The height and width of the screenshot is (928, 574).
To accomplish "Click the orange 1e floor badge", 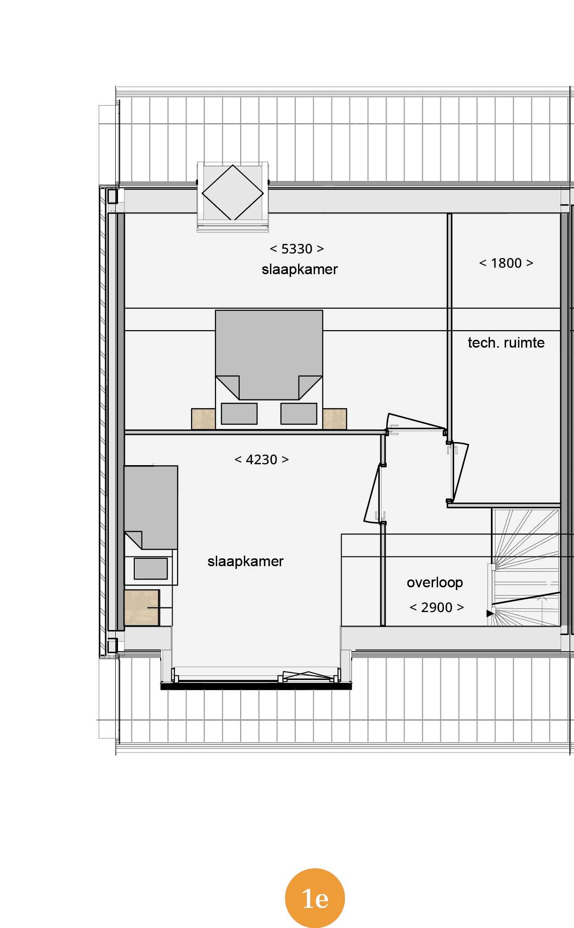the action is click(315, 898).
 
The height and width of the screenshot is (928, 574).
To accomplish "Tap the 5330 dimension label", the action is click(297, 249).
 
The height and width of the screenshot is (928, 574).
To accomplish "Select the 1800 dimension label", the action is click(506, 263).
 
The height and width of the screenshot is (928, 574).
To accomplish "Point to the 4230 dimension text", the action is click(261, 460).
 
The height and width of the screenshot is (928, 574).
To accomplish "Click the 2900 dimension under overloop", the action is click(437, 607).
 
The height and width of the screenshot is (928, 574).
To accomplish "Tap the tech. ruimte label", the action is click(506, 343).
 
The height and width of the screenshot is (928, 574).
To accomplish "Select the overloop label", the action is click(435, 583).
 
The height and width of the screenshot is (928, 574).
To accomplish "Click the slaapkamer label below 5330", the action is click(300, 270).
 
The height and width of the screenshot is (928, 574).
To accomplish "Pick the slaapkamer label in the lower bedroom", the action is click(246, 562).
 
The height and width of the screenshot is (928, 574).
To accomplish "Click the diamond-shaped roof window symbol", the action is click(233, 192).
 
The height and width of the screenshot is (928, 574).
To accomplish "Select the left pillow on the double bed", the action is click(239, 414).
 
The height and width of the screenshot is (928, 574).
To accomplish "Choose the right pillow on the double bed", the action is click(299, 414).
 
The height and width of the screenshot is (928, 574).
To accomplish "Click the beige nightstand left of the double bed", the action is click(203, 419).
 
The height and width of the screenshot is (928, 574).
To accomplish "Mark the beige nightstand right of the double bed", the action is click(335, 419).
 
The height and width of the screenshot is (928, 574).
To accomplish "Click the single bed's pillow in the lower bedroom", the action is click(151, 568).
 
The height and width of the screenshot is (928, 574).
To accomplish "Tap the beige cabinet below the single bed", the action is click(142, 607).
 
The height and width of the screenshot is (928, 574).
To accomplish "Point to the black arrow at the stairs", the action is click(490, 613).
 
